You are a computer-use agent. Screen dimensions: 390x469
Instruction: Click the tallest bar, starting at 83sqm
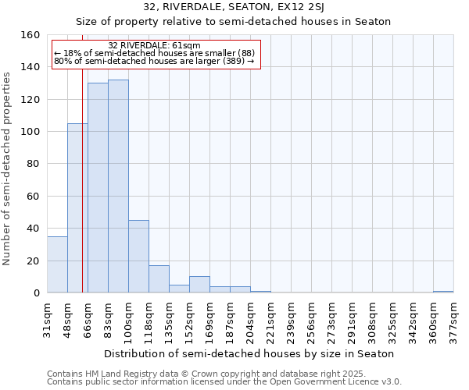(118, 186)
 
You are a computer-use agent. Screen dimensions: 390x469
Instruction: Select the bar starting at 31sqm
(57, 264)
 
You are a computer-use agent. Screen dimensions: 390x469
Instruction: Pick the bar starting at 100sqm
(138, 257)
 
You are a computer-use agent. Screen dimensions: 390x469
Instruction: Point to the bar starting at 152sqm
(199, 285)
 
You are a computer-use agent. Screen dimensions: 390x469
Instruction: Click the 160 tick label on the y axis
(30, 35)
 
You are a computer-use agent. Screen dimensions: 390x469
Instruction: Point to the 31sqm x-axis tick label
(48, 318)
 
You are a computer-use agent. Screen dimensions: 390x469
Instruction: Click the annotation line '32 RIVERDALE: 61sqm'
(154, 45)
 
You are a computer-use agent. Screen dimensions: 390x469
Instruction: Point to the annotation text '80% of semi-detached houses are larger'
(154, 61)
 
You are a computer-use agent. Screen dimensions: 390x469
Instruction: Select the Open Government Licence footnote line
(224, 381)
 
